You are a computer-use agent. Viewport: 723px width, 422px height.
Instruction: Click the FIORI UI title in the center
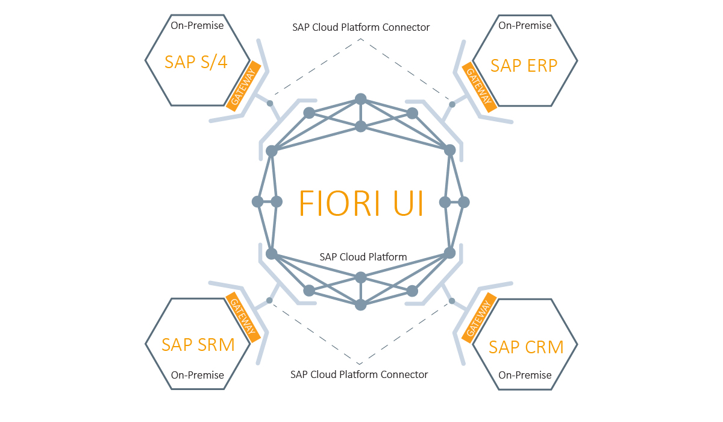[x=361, y=203]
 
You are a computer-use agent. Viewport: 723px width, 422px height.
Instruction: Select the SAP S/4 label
[x=196, y=61]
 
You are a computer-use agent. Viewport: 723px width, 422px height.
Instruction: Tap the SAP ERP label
[x=524, y=65]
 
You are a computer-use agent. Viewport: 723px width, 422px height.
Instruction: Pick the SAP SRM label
[x=198, y=344]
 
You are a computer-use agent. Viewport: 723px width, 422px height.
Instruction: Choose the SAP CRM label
[x=526, y=347]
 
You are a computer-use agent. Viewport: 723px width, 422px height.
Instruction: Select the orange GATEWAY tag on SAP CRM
[x=480, y=318]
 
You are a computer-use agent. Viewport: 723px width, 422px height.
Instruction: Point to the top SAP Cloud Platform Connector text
[x=361, y=27]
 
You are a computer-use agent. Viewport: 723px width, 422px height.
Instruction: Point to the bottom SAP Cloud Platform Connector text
[x=359, y=374]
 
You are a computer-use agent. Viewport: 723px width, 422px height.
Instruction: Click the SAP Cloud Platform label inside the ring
[x=363, y=257]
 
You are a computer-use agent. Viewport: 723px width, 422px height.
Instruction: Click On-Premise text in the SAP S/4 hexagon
[x=197, y=25]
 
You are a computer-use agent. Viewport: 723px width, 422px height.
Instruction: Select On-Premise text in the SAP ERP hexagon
[x=525, y=25]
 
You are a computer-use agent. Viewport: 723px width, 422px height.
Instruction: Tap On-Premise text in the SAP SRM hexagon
[x=197, y=375]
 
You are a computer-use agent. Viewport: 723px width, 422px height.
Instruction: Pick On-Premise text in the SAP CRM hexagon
[x=525, y=375]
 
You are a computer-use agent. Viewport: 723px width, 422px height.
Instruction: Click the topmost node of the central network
[x=360, y=99]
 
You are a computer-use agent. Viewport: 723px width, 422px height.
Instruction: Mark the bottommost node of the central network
[x=360, y=305]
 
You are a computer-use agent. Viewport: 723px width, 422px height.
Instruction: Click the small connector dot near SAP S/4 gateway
[x=270, y=104]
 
